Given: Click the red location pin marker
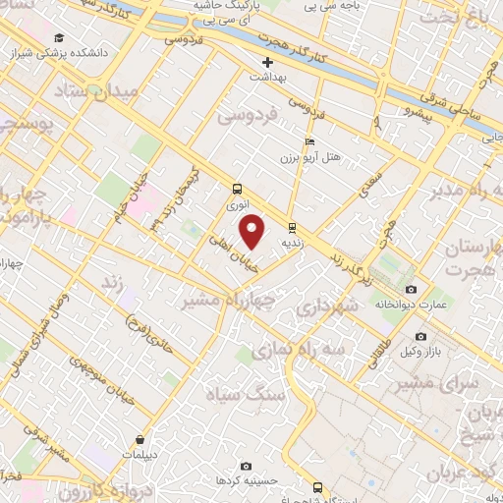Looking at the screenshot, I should click(252, 232).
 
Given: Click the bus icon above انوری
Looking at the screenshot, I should click(237, 189).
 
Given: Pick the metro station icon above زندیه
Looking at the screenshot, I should click(291, 226).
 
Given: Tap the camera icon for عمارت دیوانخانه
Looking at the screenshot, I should click(411, 290).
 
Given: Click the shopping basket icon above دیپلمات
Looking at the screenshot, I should click(142, 439).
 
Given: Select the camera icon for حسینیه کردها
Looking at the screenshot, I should click(246, 466).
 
